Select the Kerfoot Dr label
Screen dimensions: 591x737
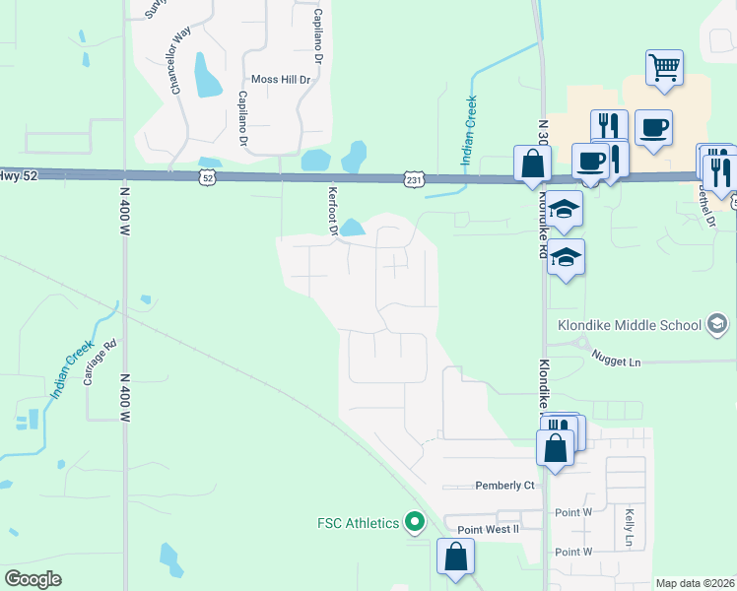pyautogui.click(x=332, y=213)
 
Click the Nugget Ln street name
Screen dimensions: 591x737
pyautogui.click(x=617, y=362)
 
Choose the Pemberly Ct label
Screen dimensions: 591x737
pyautogui.click(x=504, y=486)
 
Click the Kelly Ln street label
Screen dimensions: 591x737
pyautogui.click(x=629, y=528)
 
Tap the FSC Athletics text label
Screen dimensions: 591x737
pyautogui.click(x=358, y=522)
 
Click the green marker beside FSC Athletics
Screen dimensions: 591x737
pyautogui.click(x=415, y=521)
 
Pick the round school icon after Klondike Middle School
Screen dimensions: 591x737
pyautogui.click(x=717, y=324)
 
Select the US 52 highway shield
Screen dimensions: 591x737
pyautogui.click(x=206, y=177)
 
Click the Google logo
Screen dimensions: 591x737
pyautogui.click(x=33, y=578)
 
